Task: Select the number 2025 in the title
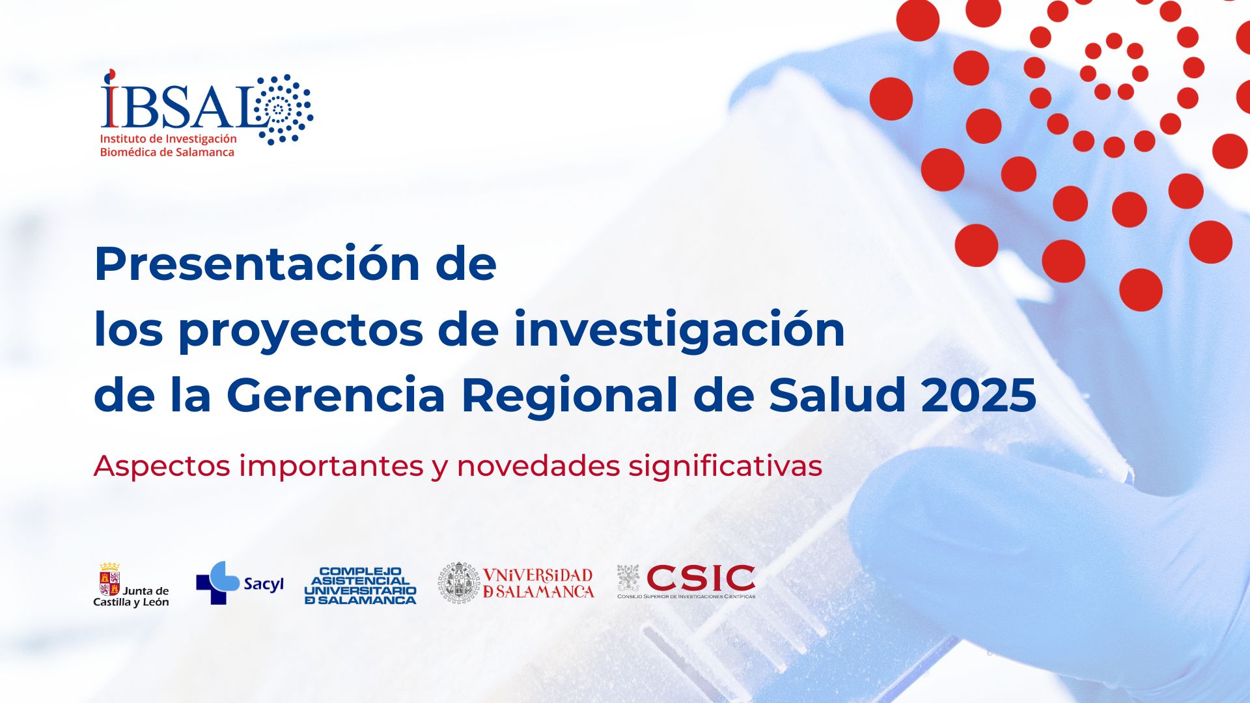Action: click(979, 394)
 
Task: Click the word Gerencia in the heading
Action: click(336, 394)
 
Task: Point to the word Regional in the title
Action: click(570, 396)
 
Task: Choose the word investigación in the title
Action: click(679, 329)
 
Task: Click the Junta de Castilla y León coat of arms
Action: click(109, 579)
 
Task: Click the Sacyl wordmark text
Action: click(264, 585)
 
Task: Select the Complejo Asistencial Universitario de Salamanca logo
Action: click(360, 585)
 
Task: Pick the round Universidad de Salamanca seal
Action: click(458, 583)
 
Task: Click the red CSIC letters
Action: click(701, 578)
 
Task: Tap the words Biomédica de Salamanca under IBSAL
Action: click(167, 152)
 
